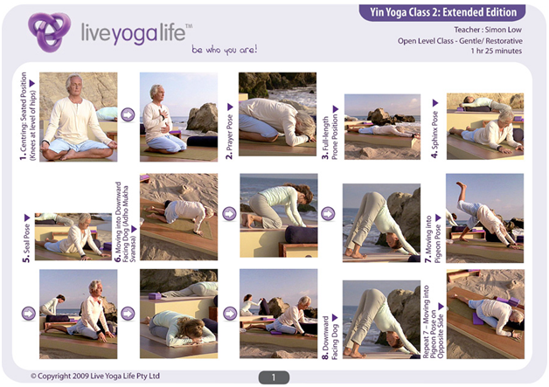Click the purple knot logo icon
coord(47,32)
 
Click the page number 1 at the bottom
coord(273,377)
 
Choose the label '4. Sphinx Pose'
coord(434,128)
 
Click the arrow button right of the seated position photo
coord(129,115)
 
